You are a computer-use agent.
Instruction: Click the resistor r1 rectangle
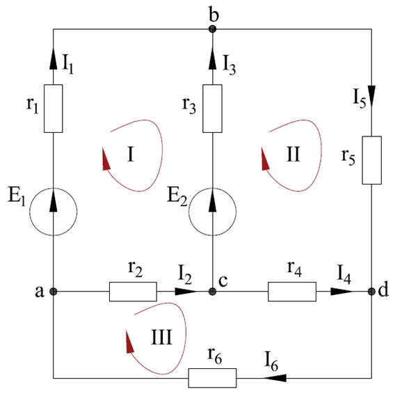tap(53, 109)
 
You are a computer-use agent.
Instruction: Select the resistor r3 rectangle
tap(212, 109)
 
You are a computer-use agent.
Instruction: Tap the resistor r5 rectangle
tap(371, 160)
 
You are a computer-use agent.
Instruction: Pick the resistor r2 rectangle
tap(133, 292)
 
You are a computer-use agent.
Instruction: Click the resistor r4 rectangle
tap(292, 292)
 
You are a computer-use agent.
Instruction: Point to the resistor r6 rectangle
tap(212, 378)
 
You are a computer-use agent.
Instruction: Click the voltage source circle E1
tap(53, 212)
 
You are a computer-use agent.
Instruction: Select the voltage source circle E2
tap(212, 212)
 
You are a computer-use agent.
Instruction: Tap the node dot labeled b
tap(212, 29)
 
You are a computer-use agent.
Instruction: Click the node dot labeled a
tap(53, 292)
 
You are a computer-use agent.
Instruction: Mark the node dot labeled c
tap(212, 292)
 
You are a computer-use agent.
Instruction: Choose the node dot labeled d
tap(371, 292)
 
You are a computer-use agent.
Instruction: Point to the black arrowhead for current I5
tap(371, 95)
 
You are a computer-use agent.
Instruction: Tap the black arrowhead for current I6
tap(275, 378)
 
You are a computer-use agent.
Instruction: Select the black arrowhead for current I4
tap(341, 292)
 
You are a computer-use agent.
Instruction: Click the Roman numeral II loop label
tap(293, 155)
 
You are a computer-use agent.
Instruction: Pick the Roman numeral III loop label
tap(161, 337)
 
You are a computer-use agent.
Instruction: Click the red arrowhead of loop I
tap(106, 159)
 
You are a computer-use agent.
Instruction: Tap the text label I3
tap(229, 65)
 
